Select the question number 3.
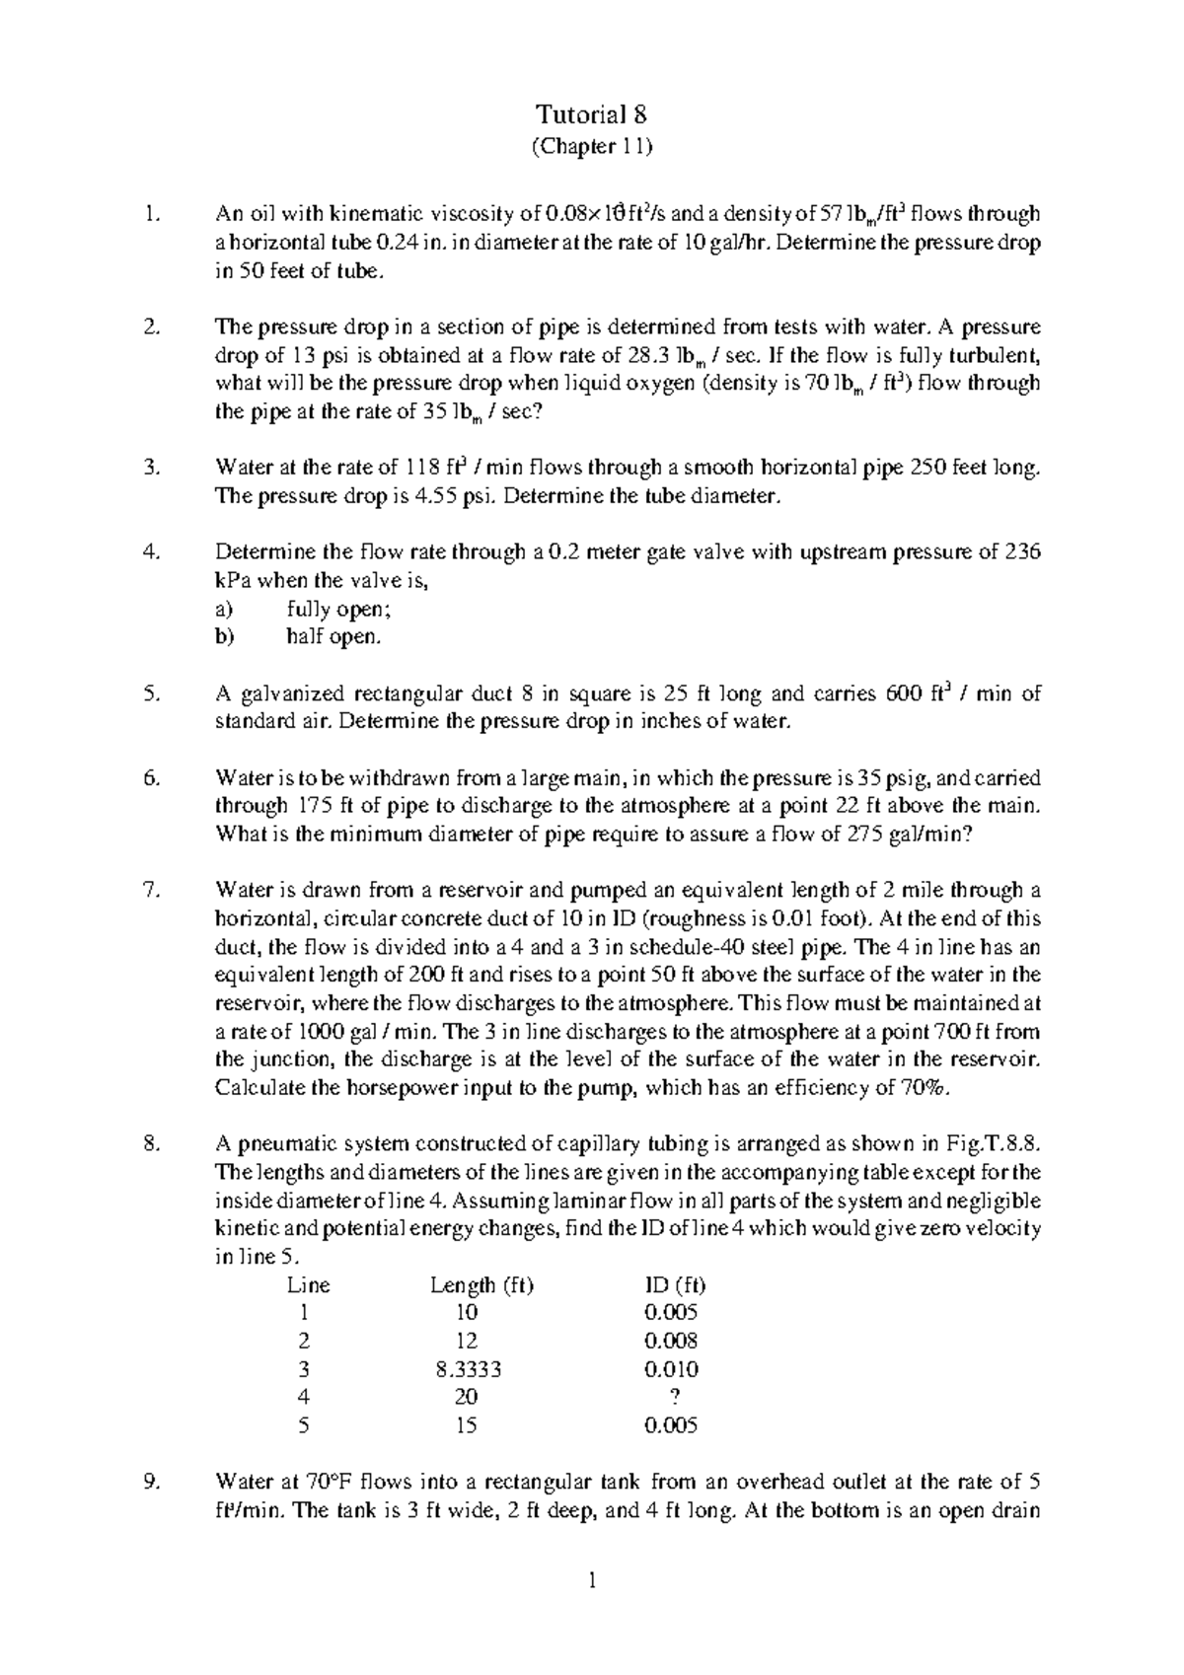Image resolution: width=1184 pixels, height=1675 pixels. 151,468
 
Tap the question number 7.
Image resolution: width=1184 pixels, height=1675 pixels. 151,891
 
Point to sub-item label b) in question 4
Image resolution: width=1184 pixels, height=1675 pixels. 225,637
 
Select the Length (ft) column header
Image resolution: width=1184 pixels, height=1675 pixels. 481,1285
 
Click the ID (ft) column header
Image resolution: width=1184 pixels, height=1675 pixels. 674,1285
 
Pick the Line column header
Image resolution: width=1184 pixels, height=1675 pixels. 308,1285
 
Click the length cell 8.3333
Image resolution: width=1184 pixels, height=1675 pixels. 467,1370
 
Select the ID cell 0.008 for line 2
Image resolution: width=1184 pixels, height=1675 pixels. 671,1342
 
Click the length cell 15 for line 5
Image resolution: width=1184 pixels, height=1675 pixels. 467,1426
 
